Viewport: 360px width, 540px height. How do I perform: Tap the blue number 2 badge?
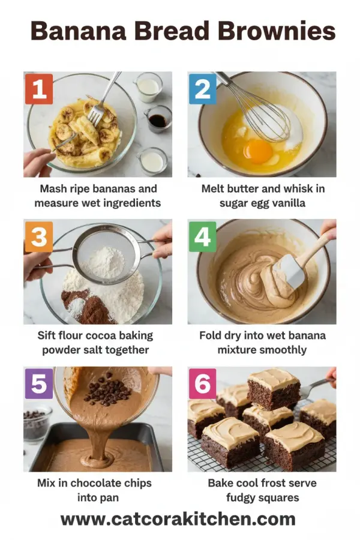[x=203, y=90]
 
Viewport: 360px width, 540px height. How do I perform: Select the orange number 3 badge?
[x=39, y=237]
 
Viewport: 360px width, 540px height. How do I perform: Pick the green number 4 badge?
[x=203, y=237]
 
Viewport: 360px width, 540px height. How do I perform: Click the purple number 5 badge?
[x=39, y=384]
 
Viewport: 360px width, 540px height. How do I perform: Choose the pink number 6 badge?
[x=203, y=384]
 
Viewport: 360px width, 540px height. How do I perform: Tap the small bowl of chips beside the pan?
[x=37, y=424]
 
